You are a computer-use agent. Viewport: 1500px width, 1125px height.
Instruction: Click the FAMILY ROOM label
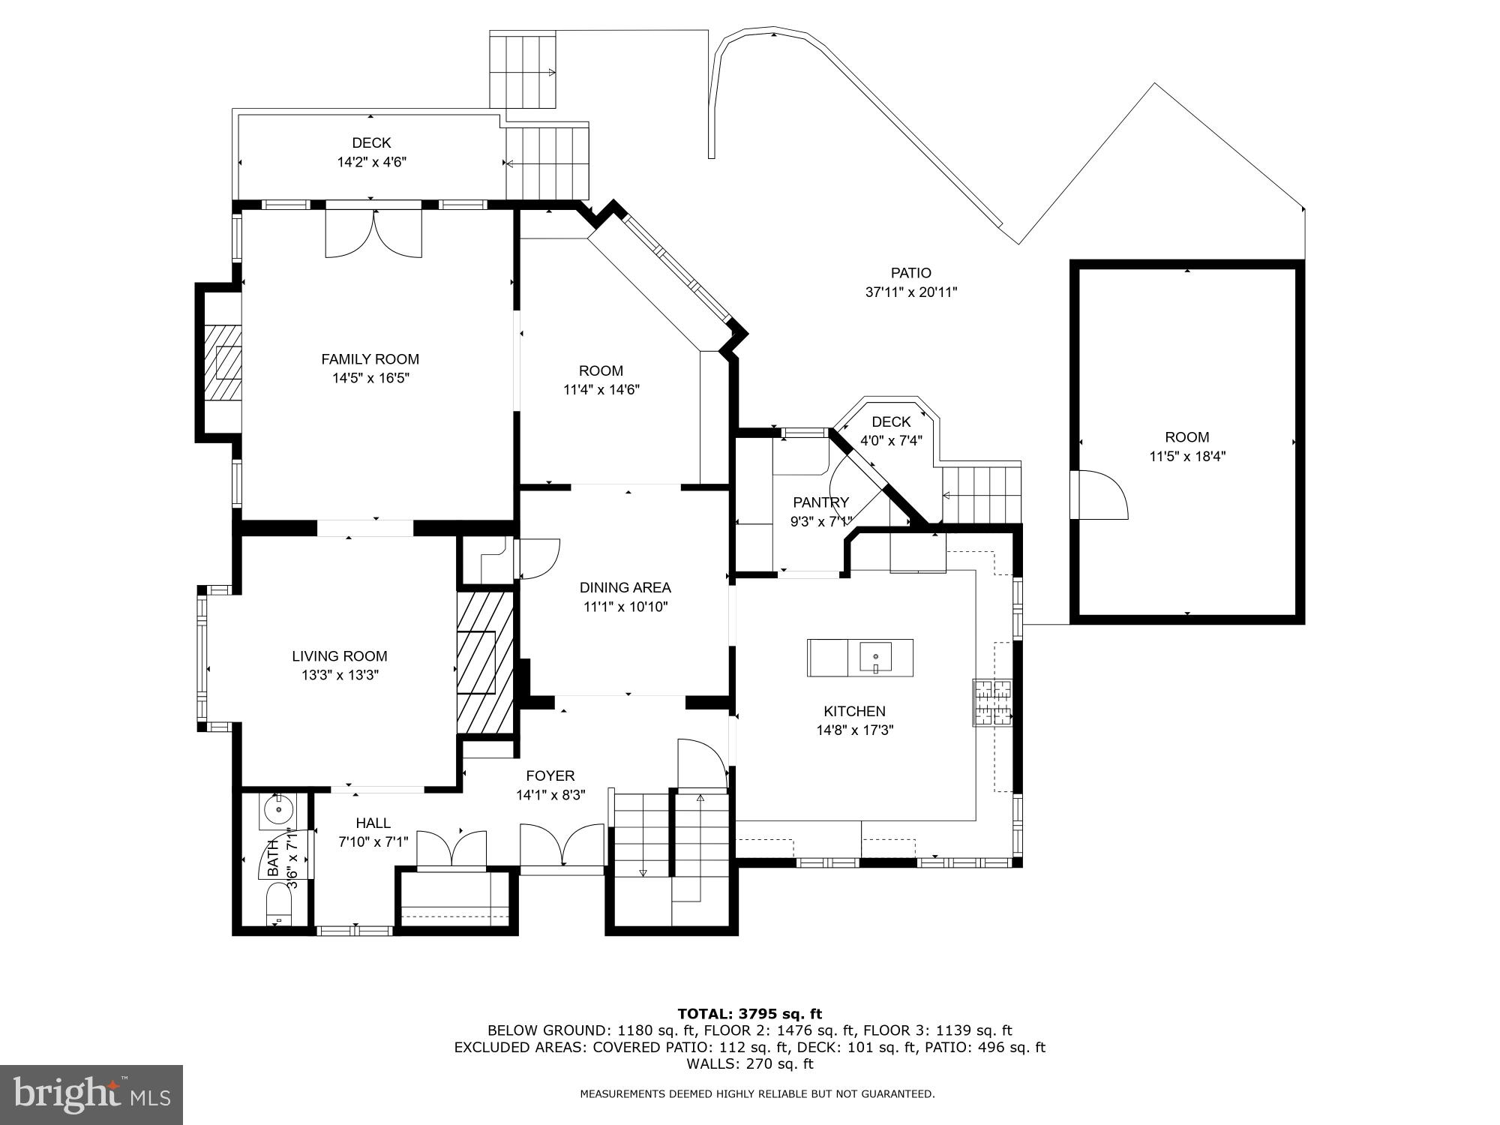(370, 359)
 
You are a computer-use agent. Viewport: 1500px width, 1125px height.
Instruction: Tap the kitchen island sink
(875, 658)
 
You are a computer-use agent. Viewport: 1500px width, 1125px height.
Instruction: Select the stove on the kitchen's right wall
(992, 702)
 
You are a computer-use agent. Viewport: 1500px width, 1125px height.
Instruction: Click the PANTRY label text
(820, 502)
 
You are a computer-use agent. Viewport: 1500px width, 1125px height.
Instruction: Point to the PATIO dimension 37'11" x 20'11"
(911, 292)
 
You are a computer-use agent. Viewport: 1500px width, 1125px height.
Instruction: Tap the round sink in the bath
(278, 809)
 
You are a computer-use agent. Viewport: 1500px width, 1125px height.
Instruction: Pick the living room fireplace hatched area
(484, 662)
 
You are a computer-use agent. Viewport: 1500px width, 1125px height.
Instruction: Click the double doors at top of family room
(373, 232)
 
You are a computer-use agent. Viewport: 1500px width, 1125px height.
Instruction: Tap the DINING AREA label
(625, 587)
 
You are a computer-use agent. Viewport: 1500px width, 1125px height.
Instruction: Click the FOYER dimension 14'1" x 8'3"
(550, 795)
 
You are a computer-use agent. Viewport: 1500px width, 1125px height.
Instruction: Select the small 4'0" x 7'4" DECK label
(891, 422)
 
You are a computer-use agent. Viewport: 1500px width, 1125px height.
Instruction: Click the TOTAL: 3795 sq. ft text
(749, 1014)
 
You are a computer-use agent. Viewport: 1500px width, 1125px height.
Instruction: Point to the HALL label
(373, 823)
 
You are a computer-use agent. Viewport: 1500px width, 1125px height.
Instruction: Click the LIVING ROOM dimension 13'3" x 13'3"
(340, 675)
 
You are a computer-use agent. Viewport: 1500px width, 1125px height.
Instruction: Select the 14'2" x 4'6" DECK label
(371, 142)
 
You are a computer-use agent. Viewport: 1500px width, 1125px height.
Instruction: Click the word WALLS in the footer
(706, 1063)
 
